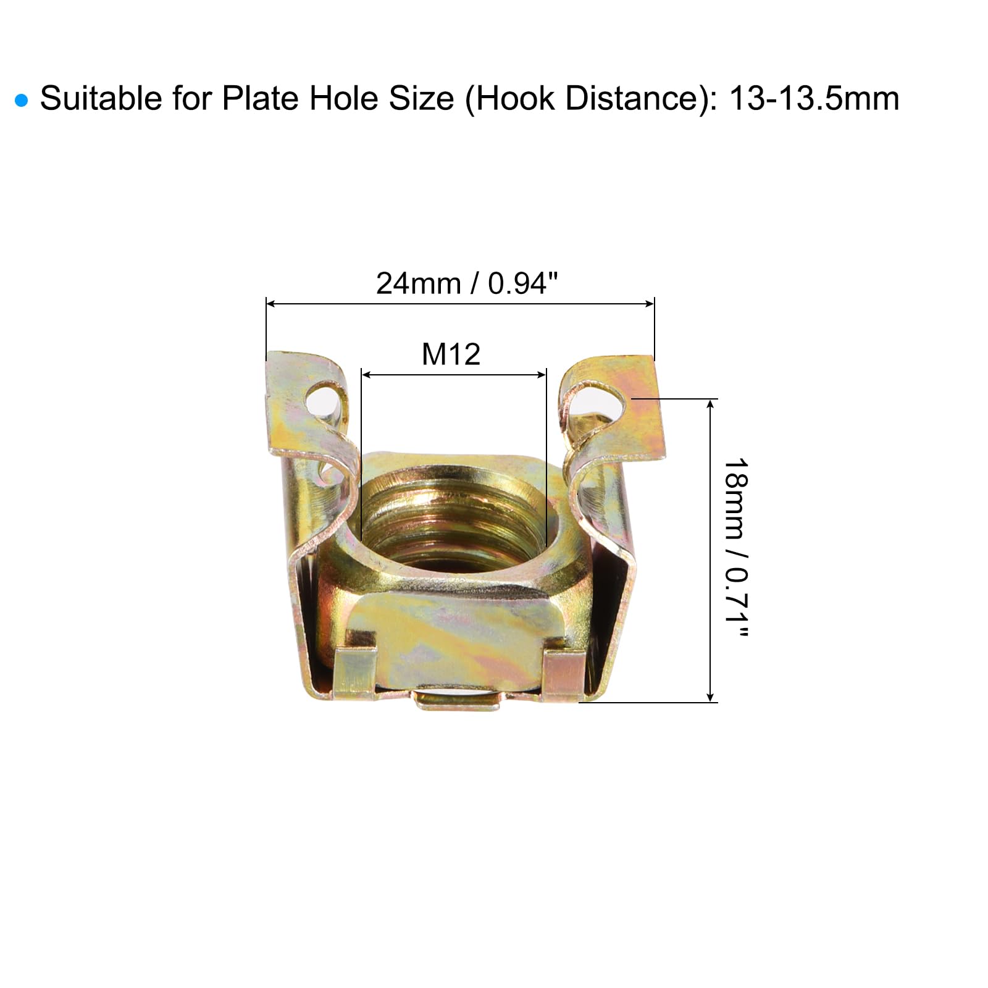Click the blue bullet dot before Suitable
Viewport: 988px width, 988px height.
22,101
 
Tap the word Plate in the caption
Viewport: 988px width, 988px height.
261,98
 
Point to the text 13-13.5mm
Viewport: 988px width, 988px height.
814,98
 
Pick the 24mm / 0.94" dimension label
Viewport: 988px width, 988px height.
467,283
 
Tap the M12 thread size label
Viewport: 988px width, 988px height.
451,354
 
